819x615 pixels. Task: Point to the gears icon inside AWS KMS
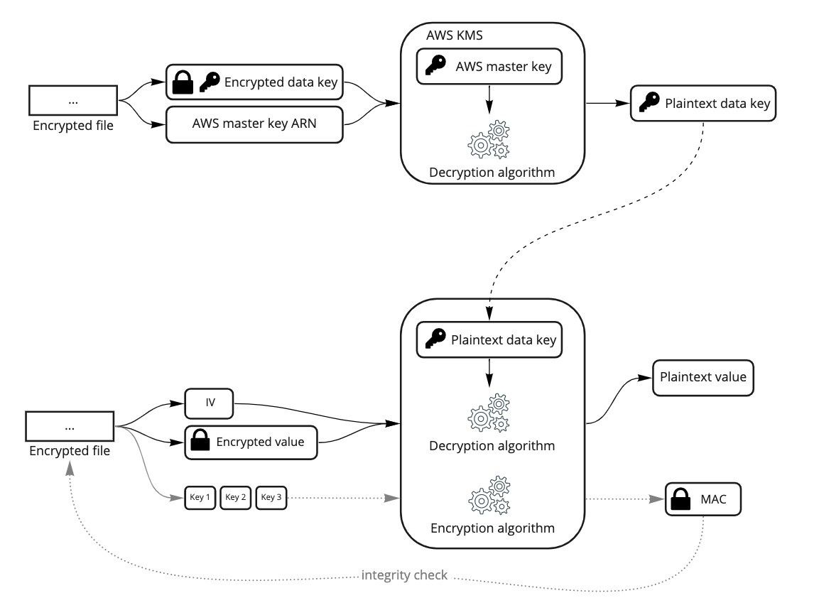(x=489, y=140)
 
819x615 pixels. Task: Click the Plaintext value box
(x=703, y=377)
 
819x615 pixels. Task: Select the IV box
(x=209, y=404)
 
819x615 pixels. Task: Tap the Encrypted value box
(x=250, y=442)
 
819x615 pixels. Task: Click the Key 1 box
(x=200, y=497)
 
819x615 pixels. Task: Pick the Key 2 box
(x=235, y=497)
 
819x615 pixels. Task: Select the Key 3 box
(x=271, y=497)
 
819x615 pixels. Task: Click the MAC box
(x=703, y=499)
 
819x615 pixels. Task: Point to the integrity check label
(x=404, y=575)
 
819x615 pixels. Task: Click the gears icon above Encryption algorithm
(x=489, y=496)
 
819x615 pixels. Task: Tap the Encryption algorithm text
(x=492, y=528)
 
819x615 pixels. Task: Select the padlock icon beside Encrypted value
(x=200, y=442)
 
